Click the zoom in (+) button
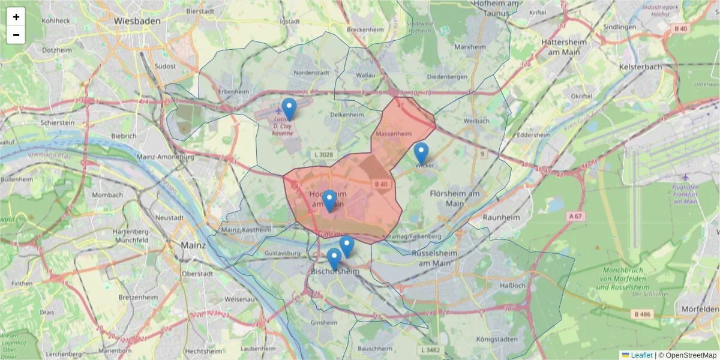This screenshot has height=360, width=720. click(x=16, y=17)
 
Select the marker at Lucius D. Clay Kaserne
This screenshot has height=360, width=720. click(x=289, y=109)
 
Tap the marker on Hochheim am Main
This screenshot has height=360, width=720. click(x=329, y=200)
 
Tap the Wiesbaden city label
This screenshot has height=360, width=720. click(x=137, y=20)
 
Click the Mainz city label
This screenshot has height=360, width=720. click(x=193, y=245)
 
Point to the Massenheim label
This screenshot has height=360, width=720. click(x=394, y=133)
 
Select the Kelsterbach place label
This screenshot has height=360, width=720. click(x=640, y=67)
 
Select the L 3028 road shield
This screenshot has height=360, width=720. click(x=323, y=154)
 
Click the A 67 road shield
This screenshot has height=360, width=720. click(x=575, y=215)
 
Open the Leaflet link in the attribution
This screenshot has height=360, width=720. click(x=641, y=355)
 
